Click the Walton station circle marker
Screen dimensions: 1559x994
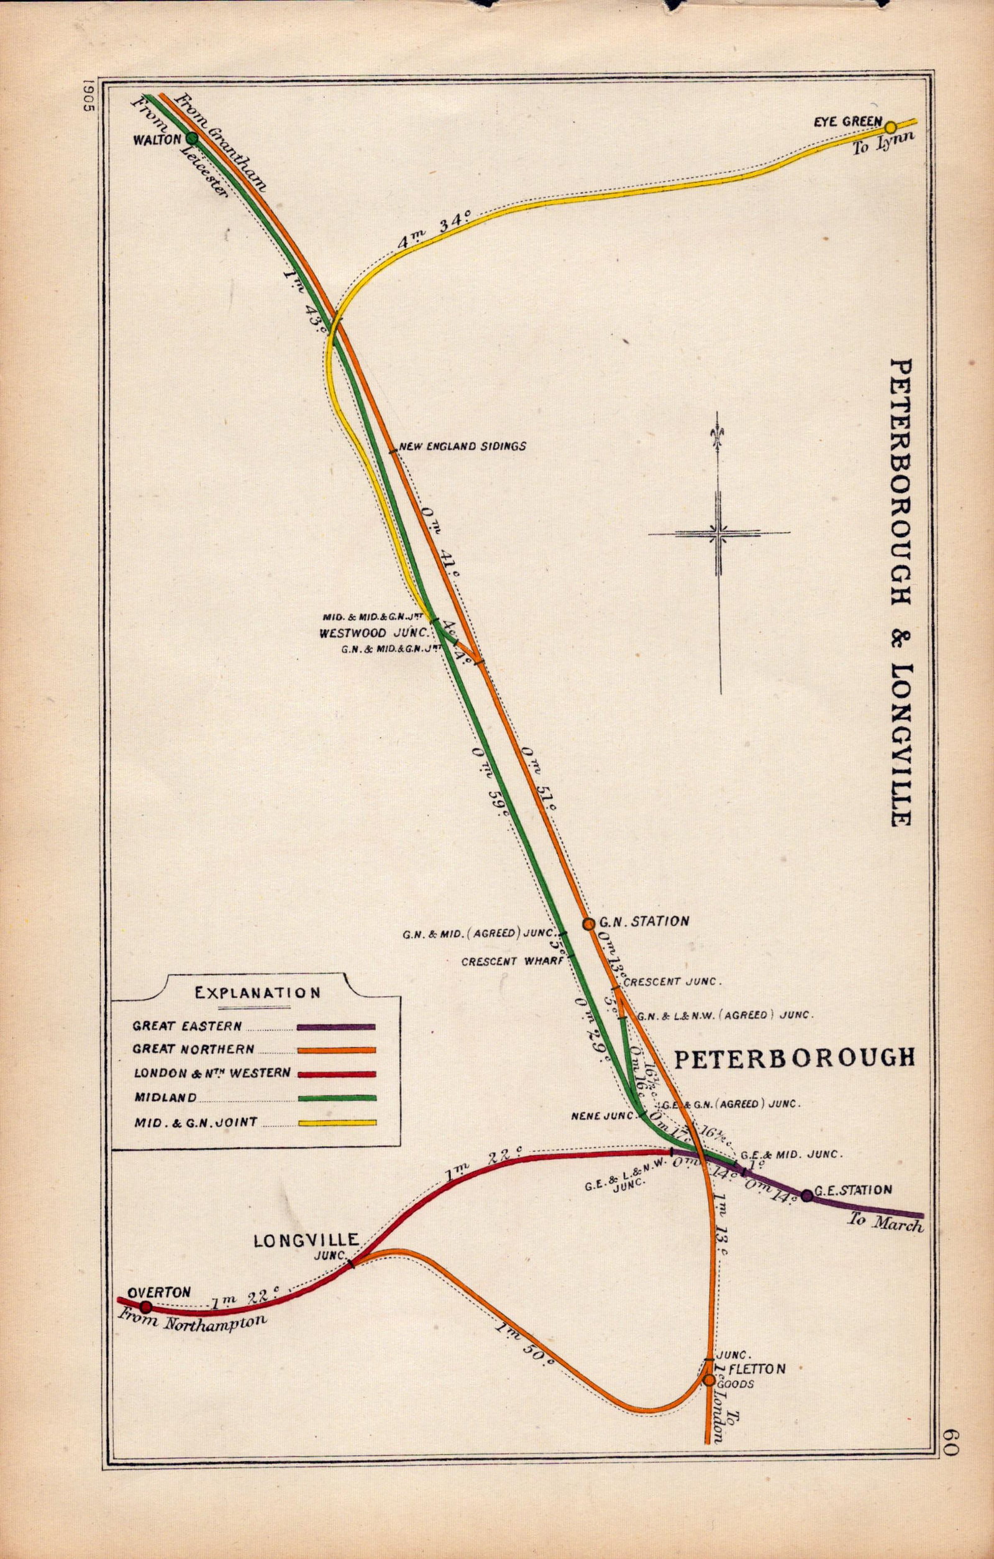[x=191, y=138]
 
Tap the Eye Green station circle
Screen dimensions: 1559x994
[x=890, y=127]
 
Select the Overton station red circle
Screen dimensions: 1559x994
[x=146, y=1307]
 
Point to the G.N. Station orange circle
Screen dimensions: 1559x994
[x=588, y=924]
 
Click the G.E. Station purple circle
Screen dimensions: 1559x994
[x=807, y=1196]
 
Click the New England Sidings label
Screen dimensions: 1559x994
[x=463, y=446]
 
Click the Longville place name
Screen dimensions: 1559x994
[x=306, y=1241]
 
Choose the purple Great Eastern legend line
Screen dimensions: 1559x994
[x=336, y=1026]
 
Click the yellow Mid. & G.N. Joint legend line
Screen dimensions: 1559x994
[x=336, y=1123]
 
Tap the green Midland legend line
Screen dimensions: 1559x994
[x=336, y=1098]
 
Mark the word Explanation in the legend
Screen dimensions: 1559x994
[x=257, y=993]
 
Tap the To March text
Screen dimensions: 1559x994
[x=885, y=1223]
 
